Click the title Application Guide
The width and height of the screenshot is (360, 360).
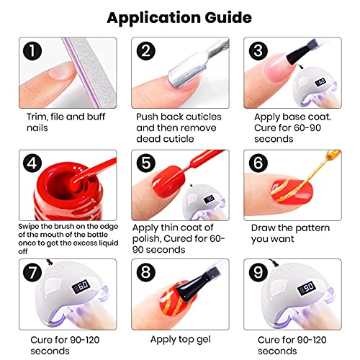[x=179, y=17]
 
